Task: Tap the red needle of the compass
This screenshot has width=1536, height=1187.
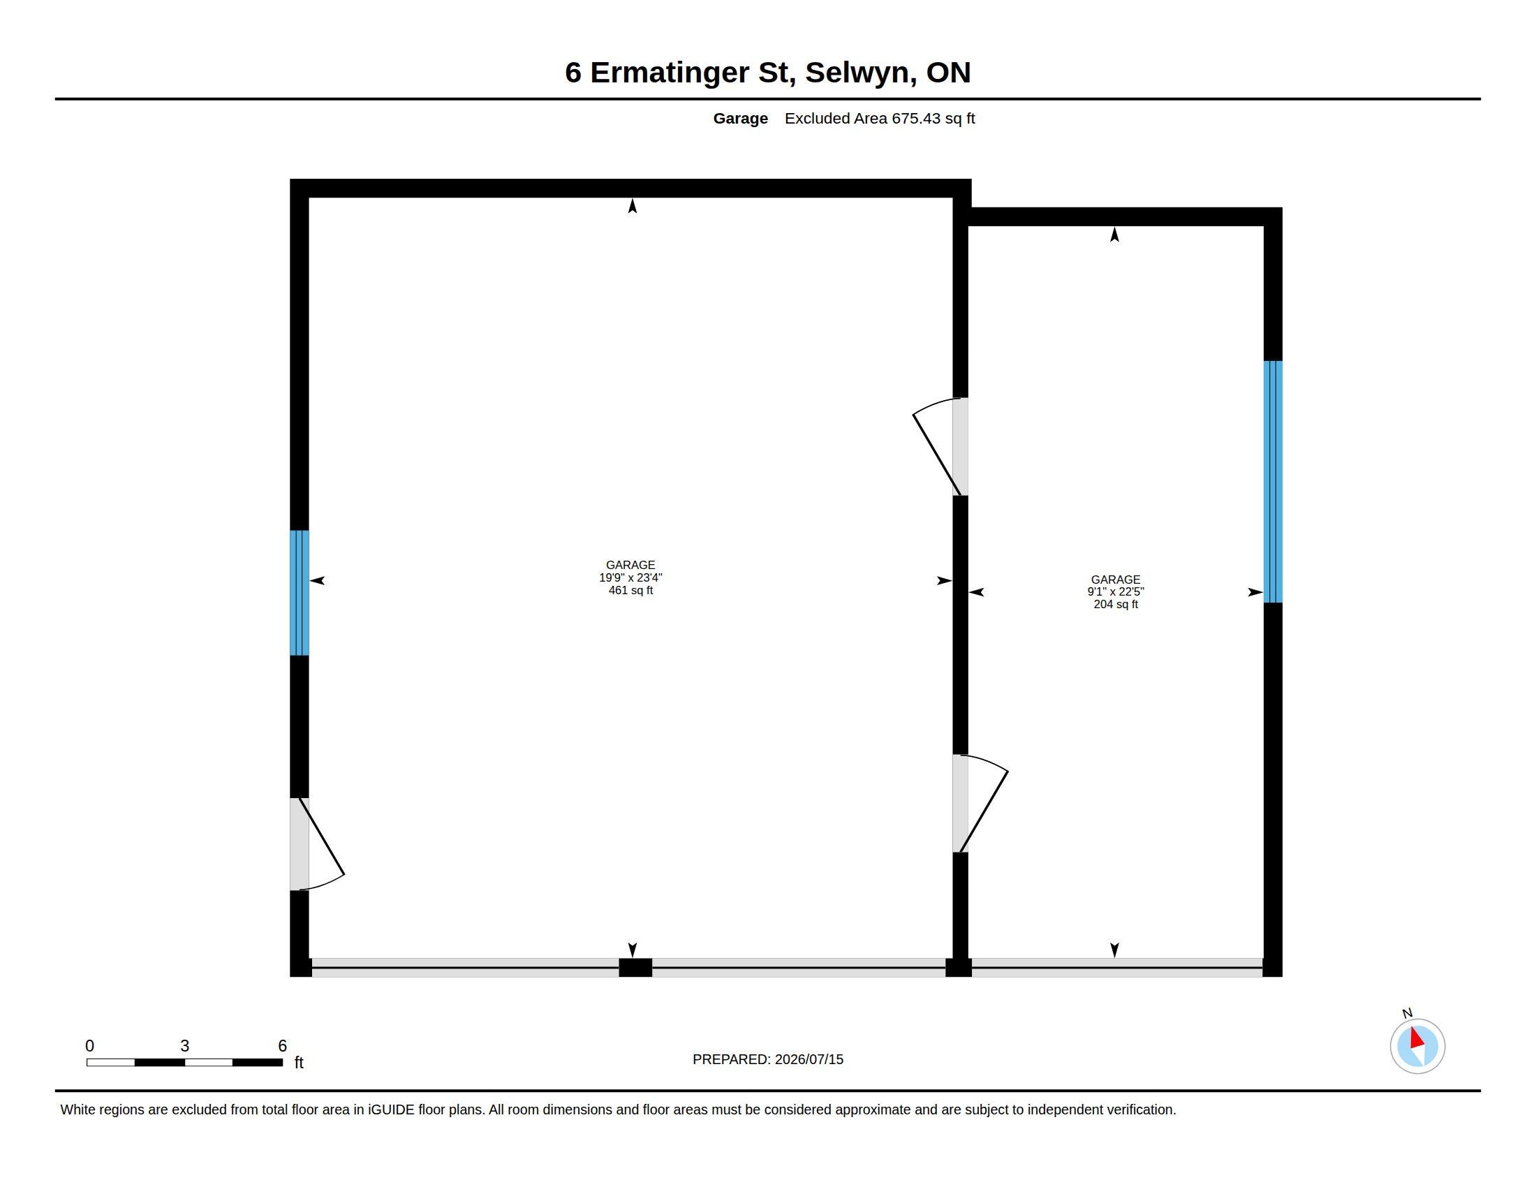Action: pyautogui.click(x=1417, y=1038)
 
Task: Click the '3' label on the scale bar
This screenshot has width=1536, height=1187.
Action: pyautogui.click(x=185, y=1046)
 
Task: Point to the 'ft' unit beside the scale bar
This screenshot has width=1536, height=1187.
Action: pyautogui.click(x=299, y=1062)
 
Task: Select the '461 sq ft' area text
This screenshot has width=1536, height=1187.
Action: pyautogui.click(x=630, y=591)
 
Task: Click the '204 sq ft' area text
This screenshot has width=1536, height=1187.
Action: pyautogui.click(x=1116, y=605)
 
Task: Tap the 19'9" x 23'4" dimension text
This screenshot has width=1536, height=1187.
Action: pyautogui.click(x=630, y=578)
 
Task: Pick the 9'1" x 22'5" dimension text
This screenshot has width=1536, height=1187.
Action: pyautogui.click(x=1116, y=592)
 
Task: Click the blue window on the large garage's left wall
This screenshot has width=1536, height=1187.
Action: pyautogui.click(x=300, y=593)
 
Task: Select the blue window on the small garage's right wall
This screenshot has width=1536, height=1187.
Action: pyautogui.click(x=1273, y=482)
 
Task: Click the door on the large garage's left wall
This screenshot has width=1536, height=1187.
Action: pyautogui.click(x=316, y=844)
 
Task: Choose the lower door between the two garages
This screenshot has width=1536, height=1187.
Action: pyautogui.click(x=980, y=804)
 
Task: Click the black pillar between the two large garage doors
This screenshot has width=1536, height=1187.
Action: pyautogui.click(x=635, y=968)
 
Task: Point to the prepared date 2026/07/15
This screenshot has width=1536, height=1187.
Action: pyautogui.click(x=808, y=1060)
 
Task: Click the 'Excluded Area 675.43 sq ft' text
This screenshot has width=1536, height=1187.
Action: pyautogui.click(x=880, y=119)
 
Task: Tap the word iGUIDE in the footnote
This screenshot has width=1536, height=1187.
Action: pyautogui.click(x=391, y=1109)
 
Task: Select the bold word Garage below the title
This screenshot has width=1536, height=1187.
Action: pyautogui.click(x=741, y=119)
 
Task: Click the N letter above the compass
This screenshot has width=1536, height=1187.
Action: pyautogui.click(x=1407, y=1013)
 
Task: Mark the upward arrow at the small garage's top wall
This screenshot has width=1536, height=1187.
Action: pyautogui.click(x=1115, y=234)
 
